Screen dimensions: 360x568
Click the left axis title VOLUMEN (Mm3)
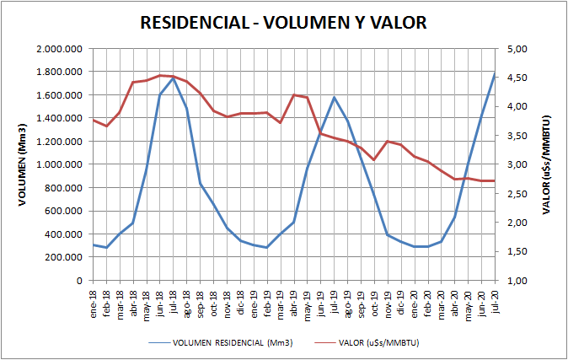pos(24,165)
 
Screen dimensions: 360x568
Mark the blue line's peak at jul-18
pos(174,78)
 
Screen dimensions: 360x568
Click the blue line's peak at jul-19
pos(335,97)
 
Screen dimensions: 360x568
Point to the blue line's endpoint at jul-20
pos(495,73)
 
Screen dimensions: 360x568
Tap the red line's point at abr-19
pos(294,95)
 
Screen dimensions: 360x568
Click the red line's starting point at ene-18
pos(94,120)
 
